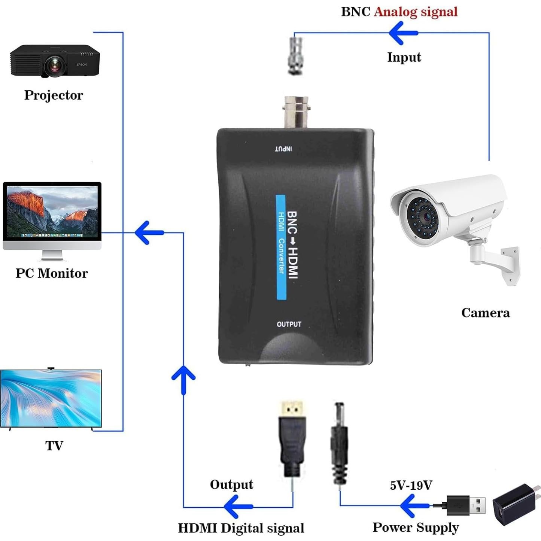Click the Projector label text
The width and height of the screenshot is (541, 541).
[x=54, y=95]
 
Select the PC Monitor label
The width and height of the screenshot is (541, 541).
[x=52, y=273]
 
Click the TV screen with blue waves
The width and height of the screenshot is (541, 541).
[x=51, y=398]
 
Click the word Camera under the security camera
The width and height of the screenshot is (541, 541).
[x=485, y=313]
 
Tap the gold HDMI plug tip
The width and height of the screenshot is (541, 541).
[x=292, y=408]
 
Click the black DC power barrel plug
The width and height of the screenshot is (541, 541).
[x=339, y=442]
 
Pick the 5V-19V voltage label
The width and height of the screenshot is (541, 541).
[x=411, y=485]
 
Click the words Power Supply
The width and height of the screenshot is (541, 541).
[x=416, y=527]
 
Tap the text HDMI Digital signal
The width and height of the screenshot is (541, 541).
[x=241, y=528]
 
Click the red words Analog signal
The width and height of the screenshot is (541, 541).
[x=416, y=12]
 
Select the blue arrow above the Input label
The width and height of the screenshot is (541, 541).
[x=403, y=33]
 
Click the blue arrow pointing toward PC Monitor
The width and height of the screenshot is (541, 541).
[x=149, y=232]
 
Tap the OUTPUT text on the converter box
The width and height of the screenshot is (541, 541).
[x=289, y=324]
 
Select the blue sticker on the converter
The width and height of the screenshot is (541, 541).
[x=281, y=247]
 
